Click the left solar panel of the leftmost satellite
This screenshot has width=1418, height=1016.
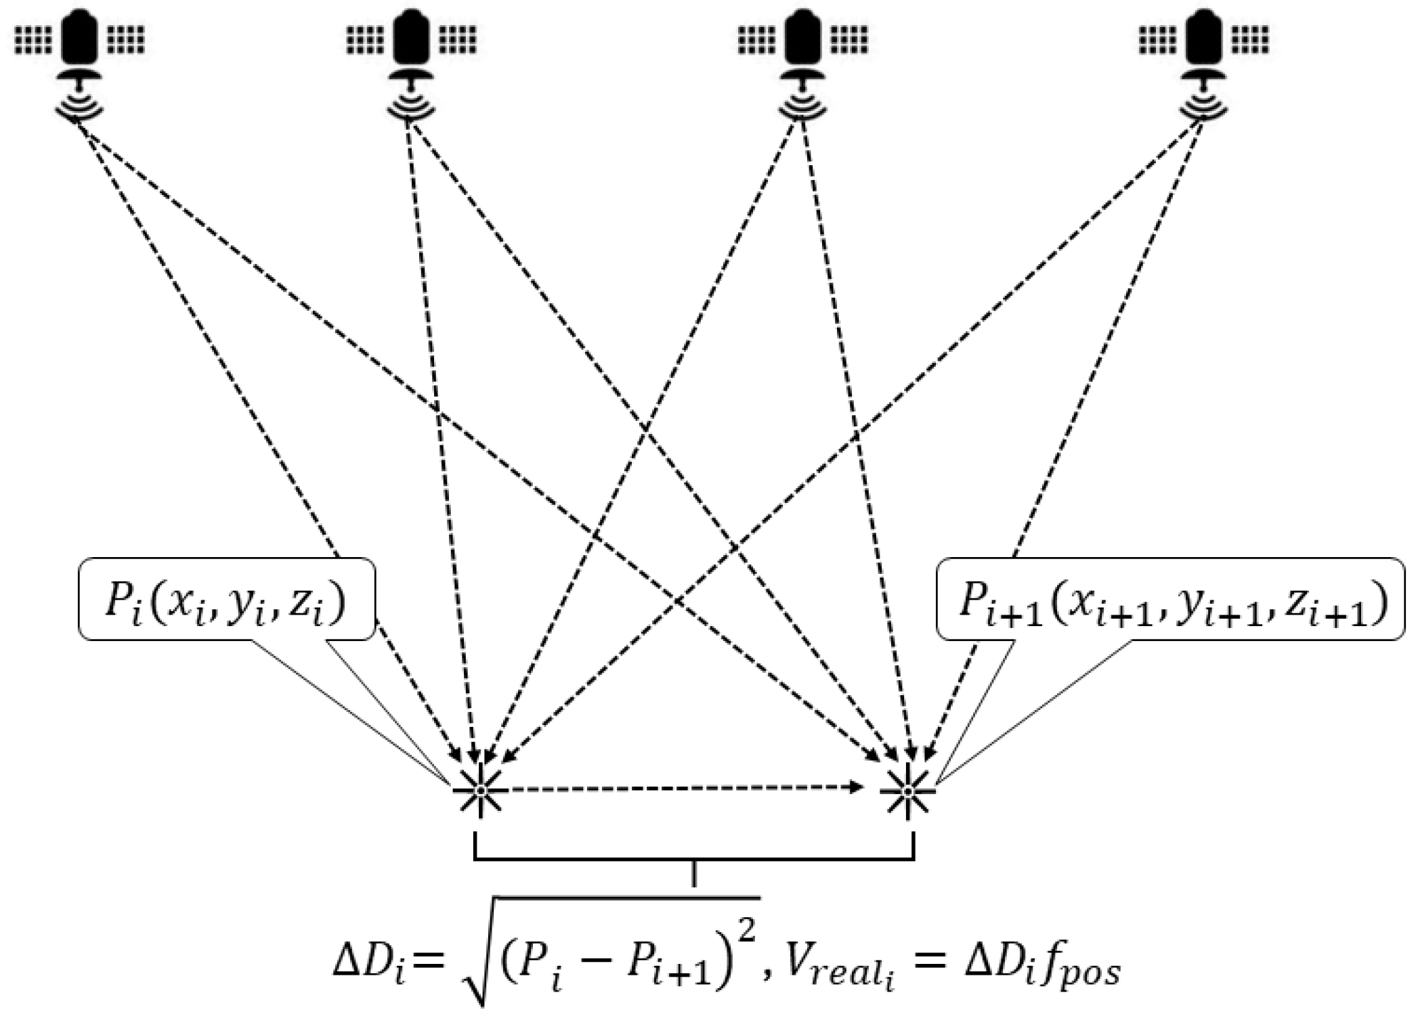[33, 40]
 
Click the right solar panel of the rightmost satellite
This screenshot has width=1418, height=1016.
[1250, 40]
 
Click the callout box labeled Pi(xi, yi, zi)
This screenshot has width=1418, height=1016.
[227, 599]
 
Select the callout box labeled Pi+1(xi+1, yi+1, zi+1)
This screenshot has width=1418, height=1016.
[1170, 599]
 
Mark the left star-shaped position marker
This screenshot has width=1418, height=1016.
[480, 790]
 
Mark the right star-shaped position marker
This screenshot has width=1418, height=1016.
[907, 790]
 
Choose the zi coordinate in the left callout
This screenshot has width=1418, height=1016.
[308, 602]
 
